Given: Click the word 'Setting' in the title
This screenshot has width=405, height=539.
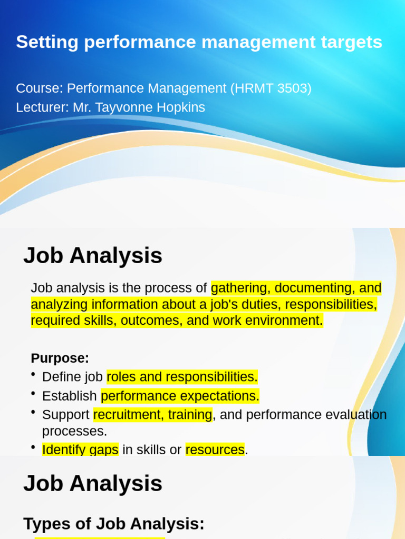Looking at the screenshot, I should tap(46, 42).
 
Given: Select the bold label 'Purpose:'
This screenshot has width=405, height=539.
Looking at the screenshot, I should tap(60, 358).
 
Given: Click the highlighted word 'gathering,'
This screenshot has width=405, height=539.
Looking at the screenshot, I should tap(240, 288).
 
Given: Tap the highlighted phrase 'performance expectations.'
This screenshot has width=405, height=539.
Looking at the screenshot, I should tap(180, 396).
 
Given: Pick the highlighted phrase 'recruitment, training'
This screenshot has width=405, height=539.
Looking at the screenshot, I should tap(152, 415).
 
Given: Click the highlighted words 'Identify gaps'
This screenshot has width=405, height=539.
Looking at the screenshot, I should tap(80, 450).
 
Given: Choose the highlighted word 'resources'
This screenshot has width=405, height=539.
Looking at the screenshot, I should tap(215, 450).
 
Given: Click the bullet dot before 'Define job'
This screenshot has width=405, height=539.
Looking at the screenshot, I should tap(34, 375).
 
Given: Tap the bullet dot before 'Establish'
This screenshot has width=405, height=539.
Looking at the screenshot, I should tap(34, 394).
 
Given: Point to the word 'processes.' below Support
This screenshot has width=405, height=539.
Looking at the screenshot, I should tap(74, 432).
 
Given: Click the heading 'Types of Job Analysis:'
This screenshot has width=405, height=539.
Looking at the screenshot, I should tap(113, 524).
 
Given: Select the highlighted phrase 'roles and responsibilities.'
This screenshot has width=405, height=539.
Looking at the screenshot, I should tap(182, 377).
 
